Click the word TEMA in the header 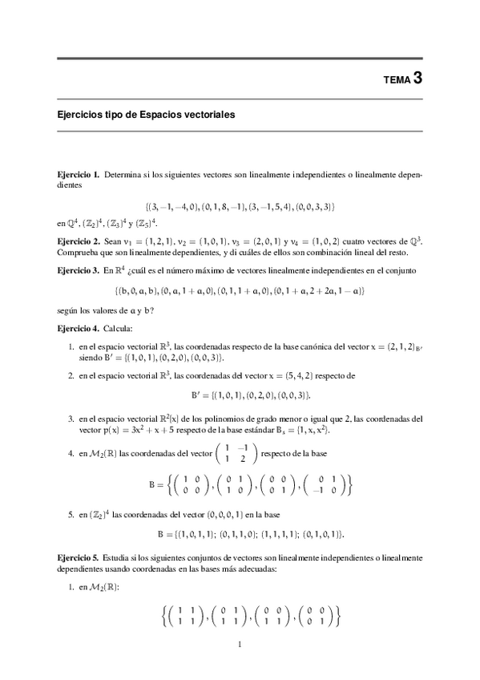(x=397, y=79)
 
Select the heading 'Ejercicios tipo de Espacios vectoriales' (x=146, y=115)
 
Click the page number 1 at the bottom (x=240, y=643)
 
